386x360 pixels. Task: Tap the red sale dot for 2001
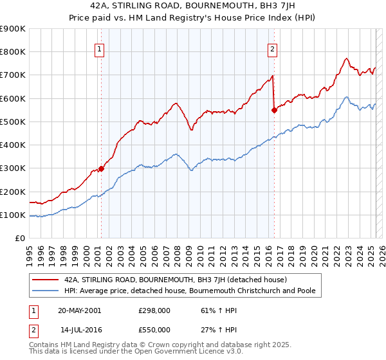[101, 168]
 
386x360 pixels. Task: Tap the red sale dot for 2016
[275, 110]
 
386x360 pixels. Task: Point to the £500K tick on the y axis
[13, 122]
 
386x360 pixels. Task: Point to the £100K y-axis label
[13, 215]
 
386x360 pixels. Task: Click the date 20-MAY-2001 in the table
[80, 310]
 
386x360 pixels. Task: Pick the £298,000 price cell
[154, 310]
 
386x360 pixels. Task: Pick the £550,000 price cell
[154, 329]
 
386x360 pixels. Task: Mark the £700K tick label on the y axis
[13, 75]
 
